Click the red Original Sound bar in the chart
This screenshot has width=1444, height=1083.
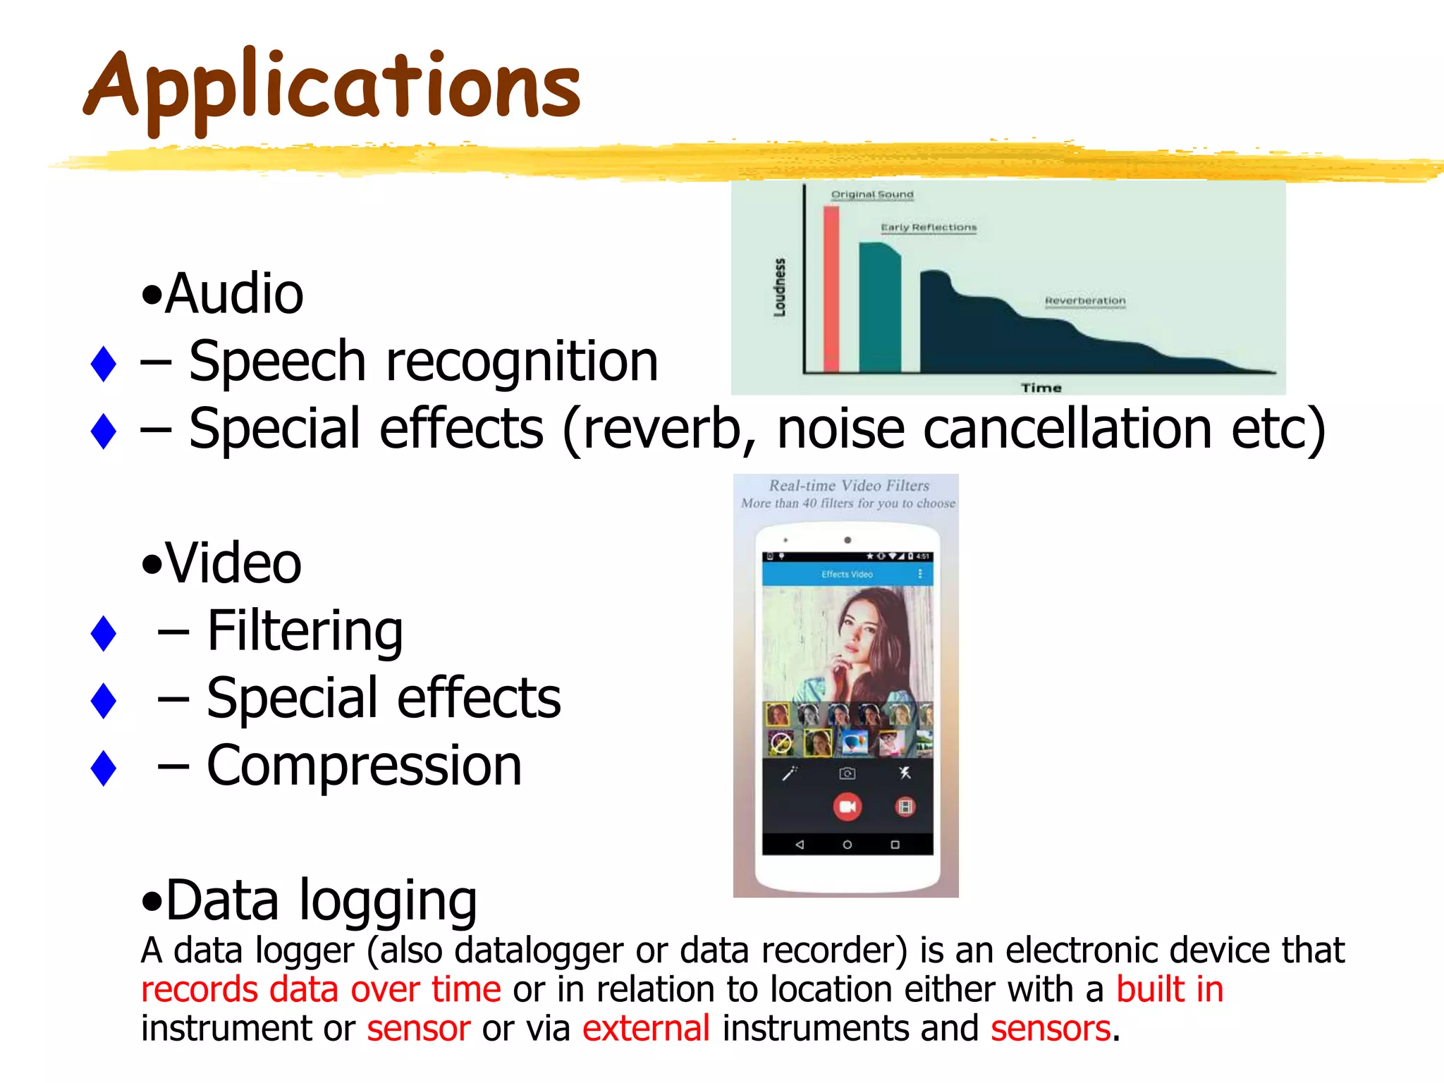click(x=831, y=289)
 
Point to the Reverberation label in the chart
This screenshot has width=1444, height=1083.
click(x=1084, y=301)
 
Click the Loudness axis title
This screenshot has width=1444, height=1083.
click(x=779, y=287)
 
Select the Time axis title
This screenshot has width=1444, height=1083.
click(x=1041, y=388)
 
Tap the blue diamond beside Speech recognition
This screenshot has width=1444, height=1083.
click(x=104, y=364)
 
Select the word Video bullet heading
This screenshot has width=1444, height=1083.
click(x=233, y=563)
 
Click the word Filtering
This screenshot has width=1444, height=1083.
click(x=305, y=631)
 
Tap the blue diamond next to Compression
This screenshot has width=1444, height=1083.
click(x=104, y=768)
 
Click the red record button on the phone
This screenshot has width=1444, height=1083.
click(x=847, y=807)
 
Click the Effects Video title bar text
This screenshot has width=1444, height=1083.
click(x=847, y=574)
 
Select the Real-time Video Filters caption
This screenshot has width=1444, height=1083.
click(x=848, y=485)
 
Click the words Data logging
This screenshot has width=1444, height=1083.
click(x=321, y=901)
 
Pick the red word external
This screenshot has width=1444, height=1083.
click(x=645, y=1028)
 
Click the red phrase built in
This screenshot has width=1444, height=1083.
click(x=1169, y=989)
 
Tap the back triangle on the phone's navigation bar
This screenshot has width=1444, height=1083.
click(x=799, y=844)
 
